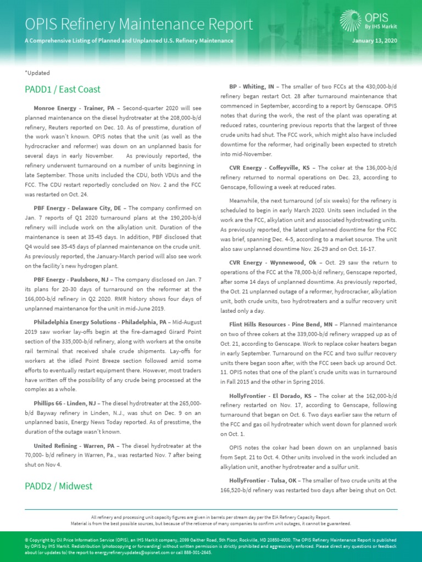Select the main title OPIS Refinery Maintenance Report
[x=139, y=24]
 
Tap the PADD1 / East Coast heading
[x=63, y=89]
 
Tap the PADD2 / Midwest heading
[x=58, y=486]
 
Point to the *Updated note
[x=37, y=72]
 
